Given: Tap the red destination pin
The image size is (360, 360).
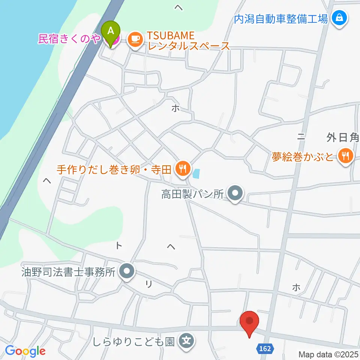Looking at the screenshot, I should click(249, 322).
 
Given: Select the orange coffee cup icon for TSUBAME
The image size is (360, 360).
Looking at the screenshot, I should click(135, 39).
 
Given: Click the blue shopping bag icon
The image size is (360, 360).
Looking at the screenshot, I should click(339, 17).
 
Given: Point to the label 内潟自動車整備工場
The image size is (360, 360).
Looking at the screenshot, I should click(281, 18).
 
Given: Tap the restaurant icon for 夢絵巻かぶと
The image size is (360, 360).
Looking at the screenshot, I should click(345, 155).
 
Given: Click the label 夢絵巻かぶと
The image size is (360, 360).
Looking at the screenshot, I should click(303, 156).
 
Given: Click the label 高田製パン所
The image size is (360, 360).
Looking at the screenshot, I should click(192, 194).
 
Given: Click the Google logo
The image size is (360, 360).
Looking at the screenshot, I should click(25, 351).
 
